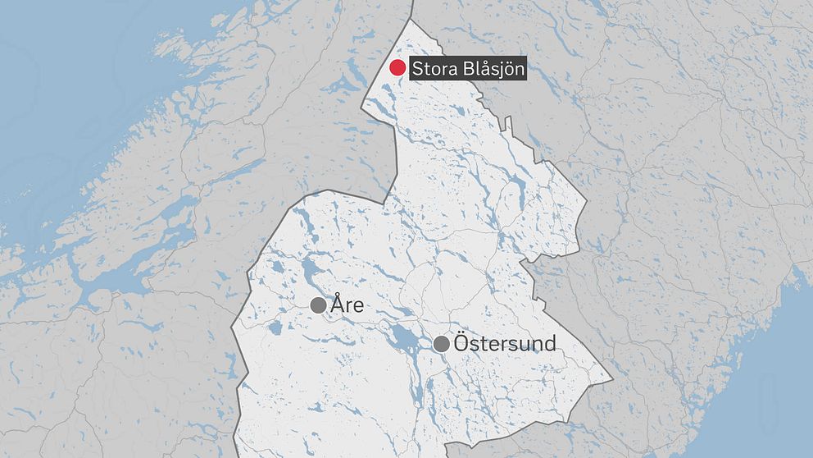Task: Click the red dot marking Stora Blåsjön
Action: coord(397,68)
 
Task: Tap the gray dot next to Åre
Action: coord(319,305)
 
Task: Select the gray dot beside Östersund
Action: coord(442,344)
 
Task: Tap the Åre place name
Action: coord(347,305)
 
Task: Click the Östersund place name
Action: coord(504,344)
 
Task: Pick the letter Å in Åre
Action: coord(337,305)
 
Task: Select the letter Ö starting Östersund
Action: coord(461,343)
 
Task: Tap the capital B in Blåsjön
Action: coord(463,68)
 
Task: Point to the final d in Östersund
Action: coord(550,344)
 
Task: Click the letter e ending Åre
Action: coord(357,307)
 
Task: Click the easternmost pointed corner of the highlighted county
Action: coord(611,380)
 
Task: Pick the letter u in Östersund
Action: coord(525,346)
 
